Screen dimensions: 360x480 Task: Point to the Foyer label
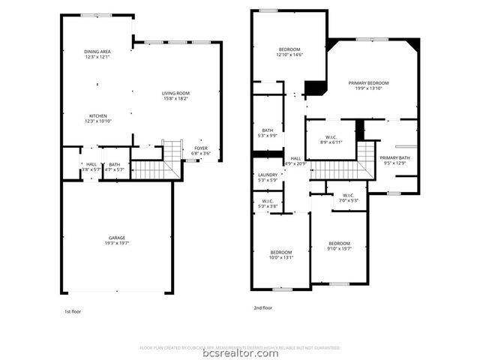pyautogui.click(x=201, y=150)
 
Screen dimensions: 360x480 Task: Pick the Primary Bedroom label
pyautogui.click(x=368, y=85)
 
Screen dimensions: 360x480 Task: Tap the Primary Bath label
pyautogui.click(x=395, y=160)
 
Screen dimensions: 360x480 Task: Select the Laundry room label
pyautogui.click(x=268, y=177)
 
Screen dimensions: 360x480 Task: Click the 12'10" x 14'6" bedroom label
pyautogui.click(x=289, y=52)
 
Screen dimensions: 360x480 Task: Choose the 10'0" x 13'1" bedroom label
pyautogui.click(x=281, y=255)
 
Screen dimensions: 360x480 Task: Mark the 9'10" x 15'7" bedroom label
pyautogui.click(x=339, y=246)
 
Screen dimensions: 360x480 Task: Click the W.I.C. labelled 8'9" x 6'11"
pyautogui.click(x=331, y=139)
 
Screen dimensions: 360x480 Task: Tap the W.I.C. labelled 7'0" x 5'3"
pyautogui.click(x=348, y=197)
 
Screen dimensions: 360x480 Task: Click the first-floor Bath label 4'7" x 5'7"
pyautogui.click(x=114, y=166)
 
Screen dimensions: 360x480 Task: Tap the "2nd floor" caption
pyautogui.click(x=262, y=308)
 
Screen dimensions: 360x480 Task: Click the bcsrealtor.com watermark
pyautogui.click(x=240, y=353)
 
